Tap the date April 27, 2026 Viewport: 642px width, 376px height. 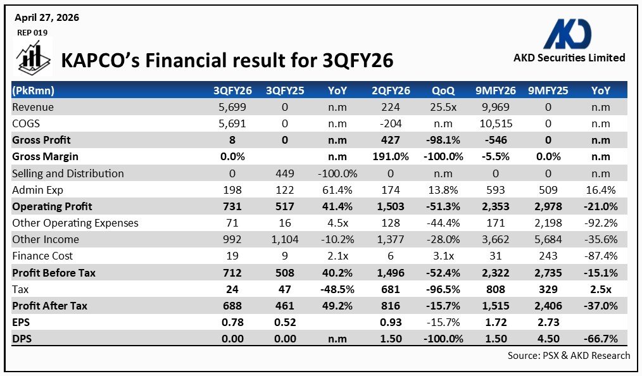47,18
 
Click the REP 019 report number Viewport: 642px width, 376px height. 31,32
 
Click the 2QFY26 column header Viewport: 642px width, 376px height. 391,91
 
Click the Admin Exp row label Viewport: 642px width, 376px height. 38,190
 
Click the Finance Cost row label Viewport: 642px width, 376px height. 42,256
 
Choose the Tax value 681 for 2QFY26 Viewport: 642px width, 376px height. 391,289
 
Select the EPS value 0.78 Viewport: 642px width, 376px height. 233,322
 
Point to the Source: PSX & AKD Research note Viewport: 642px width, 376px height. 569,356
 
